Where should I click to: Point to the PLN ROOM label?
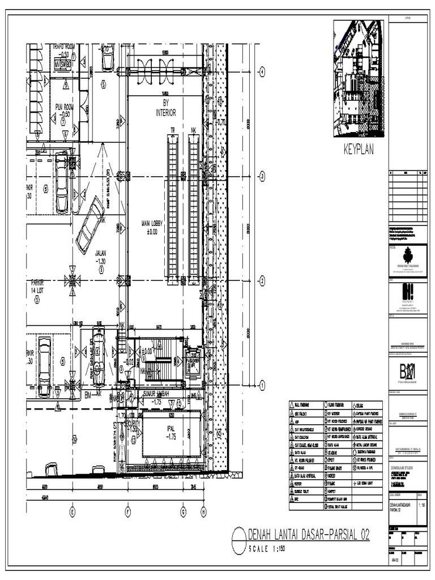point(64,110)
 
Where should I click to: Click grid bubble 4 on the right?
point(262,71)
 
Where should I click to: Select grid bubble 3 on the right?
point(262,177)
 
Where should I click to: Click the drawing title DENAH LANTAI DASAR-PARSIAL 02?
point(308,534)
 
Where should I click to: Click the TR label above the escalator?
point(173,130)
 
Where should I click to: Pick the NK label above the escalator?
point(194,130)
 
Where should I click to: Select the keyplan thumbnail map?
point(359,79)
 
